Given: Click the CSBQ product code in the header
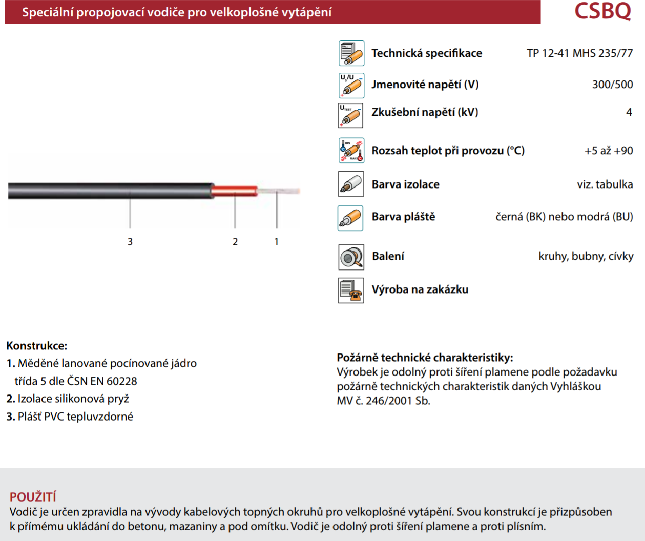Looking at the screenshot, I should click(x=602, y=11).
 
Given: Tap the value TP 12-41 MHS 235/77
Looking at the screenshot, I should click(x=579, y=53).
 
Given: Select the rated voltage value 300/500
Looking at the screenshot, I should click(x=612, y=85).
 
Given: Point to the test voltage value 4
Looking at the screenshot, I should click(x=629, y=112).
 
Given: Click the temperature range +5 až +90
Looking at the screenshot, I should click(x=609, y=151).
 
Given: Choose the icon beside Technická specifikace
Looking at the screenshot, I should click(x=351, y=53).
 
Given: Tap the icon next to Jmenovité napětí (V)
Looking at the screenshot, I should click(x=351, y=85).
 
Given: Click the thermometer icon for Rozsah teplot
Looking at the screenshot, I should click(x=351, y=151).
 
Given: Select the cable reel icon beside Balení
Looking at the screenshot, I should click(x=351, y=257).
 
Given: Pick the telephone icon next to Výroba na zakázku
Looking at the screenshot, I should click(x=351, y=290).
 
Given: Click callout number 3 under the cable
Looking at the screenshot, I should click(x=130, y=241).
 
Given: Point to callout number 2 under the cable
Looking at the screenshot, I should click(x=235, y=241).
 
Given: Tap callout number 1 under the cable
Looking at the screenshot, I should click(x=277, y=241).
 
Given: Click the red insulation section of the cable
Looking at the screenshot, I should click(x=235, y=191).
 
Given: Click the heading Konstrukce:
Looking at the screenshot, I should click(x=37, y=346).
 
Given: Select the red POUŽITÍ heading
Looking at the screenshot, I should click(x=33, y=496).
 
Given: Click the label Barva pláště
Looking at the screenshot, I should click(x=403, y=217).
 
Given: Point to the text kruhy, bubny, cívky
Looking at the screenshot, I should click(x=586, y=256).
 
